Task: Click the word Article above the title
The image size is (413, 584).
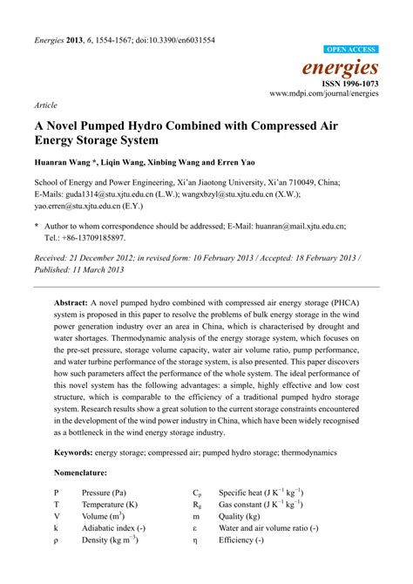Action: (45, 103)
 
